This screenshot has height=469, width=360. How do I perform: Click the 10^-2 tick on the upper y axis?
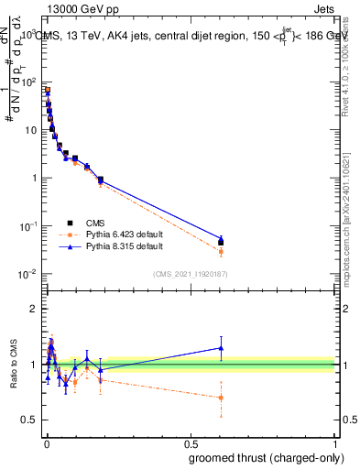27,275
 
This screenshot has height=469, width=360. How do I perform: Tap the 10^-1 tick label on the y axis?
27,226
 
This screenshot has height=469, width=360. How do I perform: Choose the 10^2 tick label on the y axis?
27,82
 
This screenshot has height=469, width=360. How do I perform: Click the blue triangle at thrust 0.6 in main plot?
220,238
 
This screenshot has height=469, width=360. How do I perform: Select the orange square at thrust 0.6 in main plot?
220,251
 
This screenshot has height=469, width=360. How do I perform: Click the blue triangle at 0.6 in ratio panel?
220,347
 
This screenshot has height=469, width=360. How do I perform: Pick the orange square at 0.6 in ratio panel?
220,398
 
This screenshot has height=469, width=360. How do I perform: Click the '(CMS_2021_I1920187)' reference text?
191,274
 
